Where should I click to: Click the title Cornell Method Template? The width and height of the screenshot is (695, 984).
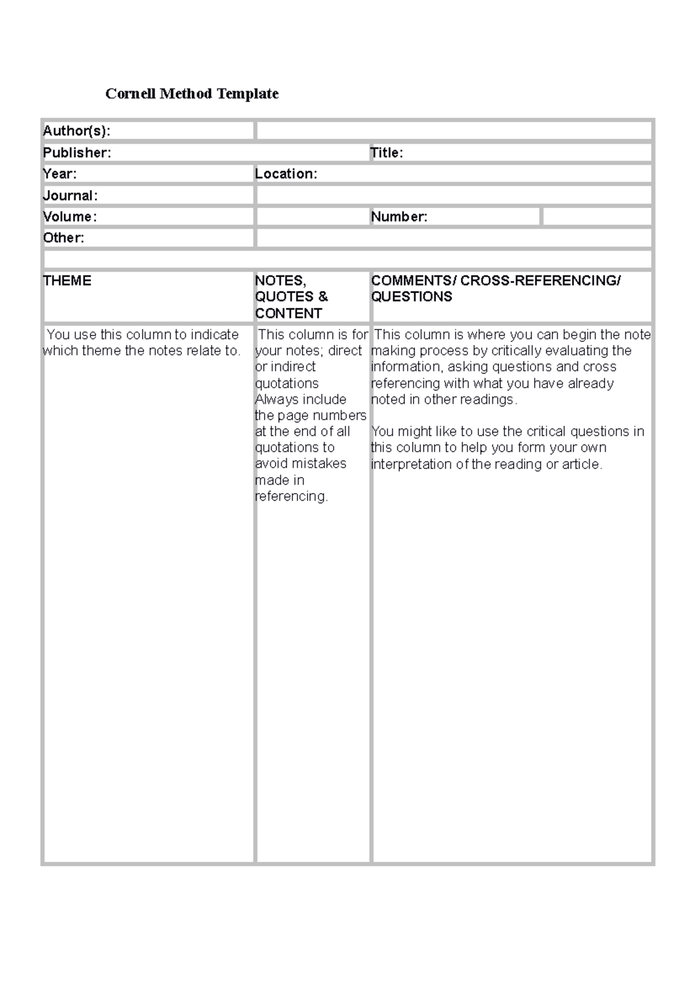point(192,94)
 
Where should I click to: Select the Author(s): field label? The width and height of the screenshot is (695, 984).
point(76,131)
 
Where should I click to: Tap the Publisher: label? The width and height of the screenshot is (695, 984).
point(77,152)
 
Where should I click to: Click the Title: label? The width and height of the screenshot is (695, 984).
point(387,152)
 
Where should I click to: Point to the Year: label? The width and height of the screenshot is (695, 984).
point(60,174)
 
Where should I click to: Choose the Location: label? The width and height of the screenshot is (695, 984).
point(286,174)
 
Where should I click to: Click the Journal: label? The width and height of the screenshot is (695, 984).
point(70,195)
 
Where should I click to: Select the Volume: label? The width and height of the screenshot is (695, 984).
point(69,217)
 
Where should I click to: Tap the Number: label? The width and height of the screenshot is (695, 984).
point(399,217)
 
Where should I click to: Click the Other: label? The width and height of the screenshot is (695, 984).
point(64,238)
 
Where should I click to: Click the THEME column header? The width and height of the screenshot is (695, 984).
point(67,280)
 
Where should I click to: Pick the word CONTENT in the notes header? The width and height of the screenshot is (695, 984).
point(288,314)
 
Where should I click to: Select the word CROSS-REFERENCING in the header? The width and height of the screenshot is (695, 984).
point(540,280)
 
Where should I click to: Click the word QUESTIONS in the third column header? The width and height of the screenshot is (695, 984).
point(412,297)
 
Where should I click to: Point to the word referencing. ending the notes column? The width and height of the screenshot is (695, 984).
point(291,497)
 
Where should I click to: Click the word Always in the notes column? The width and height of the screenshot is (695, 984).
point(275,399)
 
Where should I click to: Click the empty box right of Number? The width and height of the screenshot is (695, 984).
point(597,217)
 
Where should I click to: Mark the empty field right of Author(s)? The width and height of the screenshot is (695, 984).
point(454,131)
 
